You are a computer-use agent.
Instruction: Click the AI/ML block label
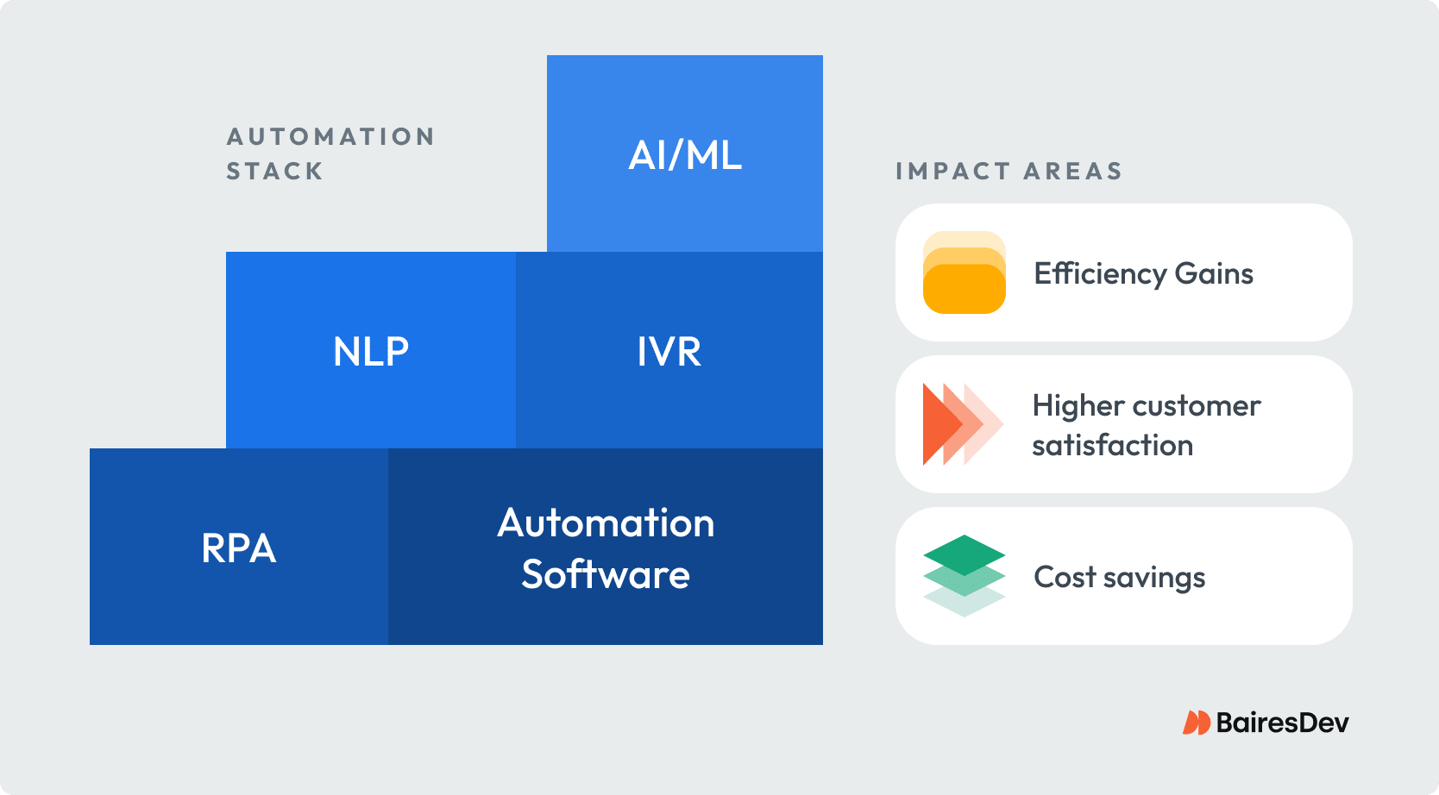point(685,156)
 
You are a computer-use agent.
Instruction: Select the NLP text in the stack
point(371,352)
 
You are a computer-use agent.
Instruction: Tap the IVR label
point(669,352)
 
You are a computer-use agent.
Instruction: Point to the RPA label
point(239,548)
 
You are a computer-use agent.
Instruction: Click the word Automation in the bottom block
point(606,523)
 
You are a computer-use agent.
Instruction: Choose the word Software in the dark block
point(606,575)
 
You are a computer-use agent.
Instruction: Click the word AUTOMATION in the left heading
point(330,137)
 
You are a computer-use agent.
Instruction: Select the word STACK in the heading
point(274,172)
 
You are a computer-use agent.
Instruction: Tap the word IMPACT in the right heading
point(952,172)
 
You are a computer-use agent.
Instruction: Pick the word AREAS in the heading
point(1072,172)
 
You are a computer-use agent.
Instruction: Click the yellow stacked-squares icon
point(964,272)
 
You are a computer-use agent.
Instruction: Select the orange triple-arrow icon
point(960,424)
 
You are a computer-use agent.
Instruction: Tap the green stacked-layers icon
point(964,575)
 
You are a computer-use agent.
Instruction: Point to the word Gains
point(1214,274)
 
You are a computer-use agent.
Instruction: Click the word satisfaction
point(1112,446)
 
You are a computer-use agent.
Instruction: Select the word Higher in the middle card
point(1078,406)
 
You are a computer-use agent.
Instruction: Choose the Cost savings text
point(1119,577)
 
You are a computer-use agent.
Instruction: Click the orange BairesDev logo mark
point(1196,723)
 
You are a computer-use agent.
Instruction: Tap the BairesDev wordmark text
point(1282,723)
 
